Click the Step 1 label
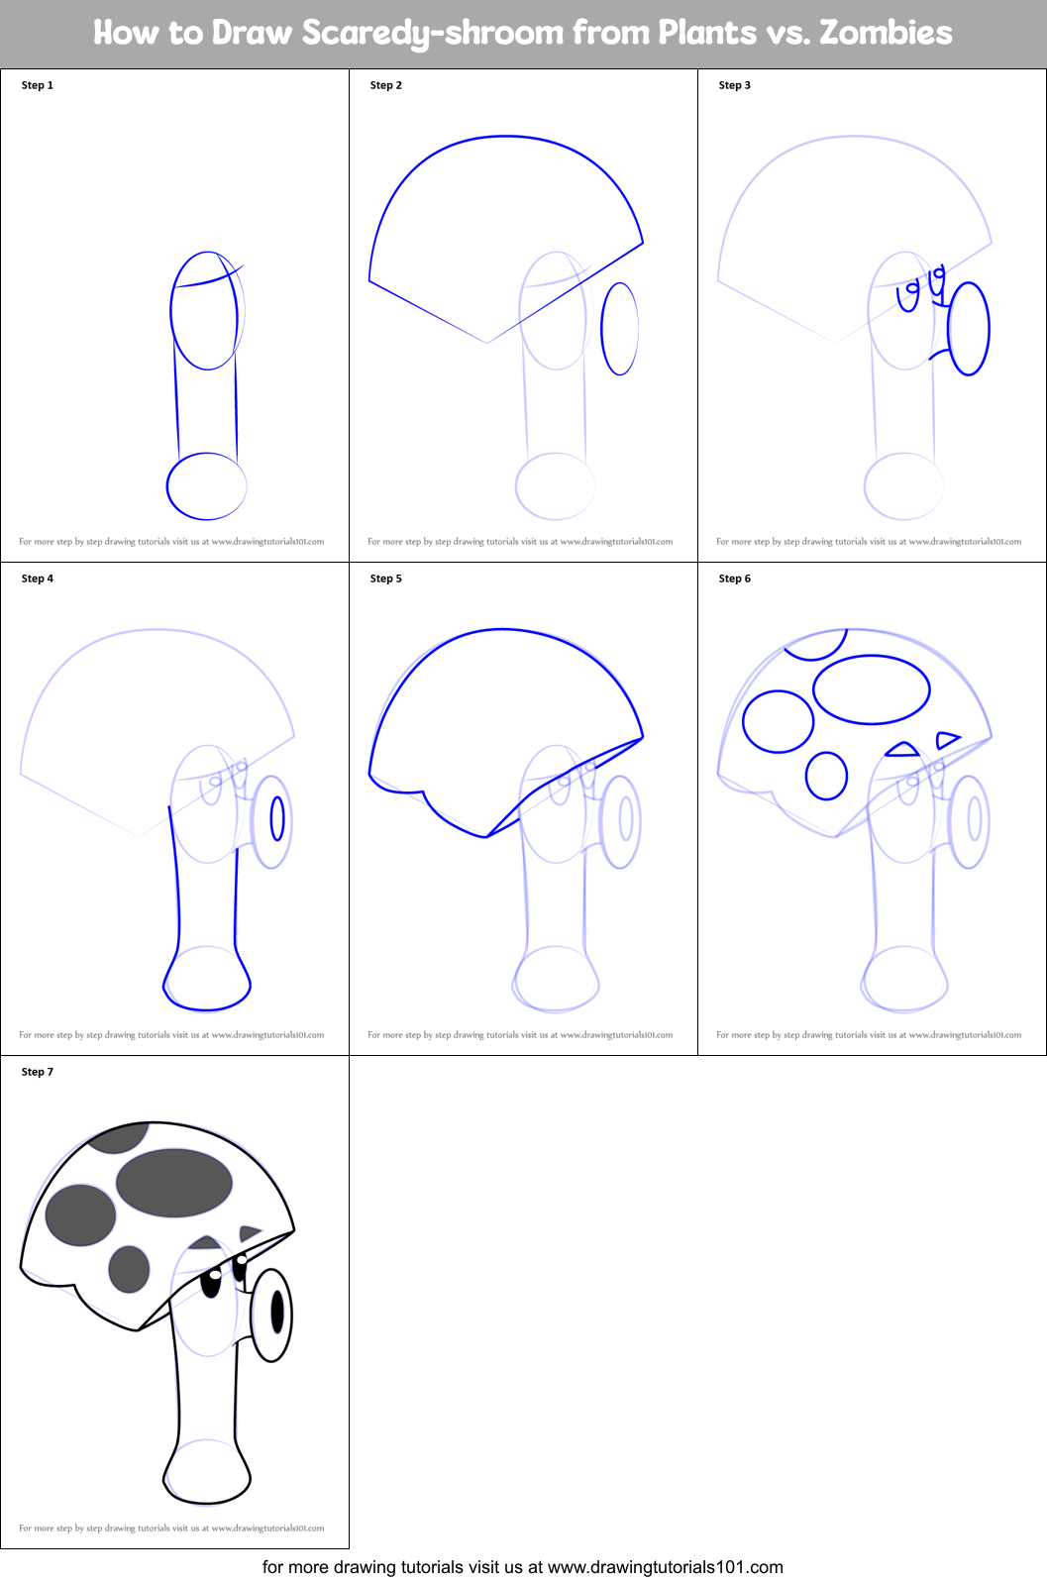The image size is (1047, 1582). click(x=38, y=85)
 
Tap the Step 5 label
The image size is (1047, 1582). click(x=386, y=579)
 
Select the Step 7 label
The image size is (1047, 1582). click(x=38, y=1072)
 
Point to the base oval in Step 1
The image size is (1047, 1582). click(x=206, y=486)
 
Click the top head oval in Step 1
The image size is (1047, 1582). click(x=204, y=311)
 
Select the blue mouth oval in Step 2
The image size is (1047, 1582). click(x=620, y=329)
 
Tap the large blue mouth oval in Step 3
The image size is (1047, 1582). click(x=969, y=329)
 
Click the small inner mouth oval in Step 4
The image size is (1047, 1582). click(x=277, y=818)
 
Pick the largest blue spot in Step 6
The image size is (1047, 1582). click(x=872, y=689)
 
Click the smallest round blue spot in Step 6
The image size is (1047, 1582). click(x=826, y=776)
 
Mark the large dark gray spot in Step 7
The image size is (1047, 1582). click(x=174, y=1182)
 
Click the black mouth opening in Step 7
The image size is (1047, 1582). click(x=277, y=1312)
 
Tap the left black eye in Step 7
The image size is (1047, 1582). click(x=211, y=1284)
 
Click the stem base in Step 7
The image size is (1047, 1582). click(x=206, y=1474)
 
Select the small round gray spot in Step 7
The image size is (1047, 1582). click(x=129, y=1269)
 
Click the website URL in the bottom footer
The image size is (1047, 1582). click(x=665, y=1567)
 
